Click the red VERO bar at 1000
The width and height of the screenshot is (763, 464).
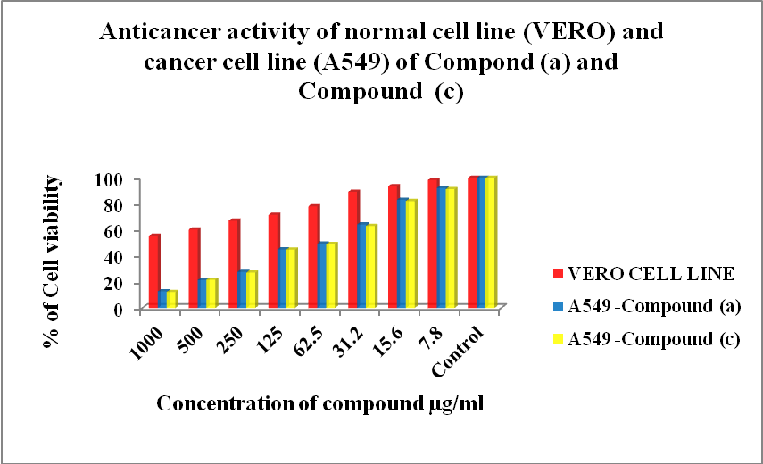tap(153, 272)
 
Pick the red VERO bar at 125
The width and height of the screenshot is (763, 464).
tap(273, 261)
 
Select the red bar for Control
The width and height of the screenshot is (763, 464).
tap(472, 243)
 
